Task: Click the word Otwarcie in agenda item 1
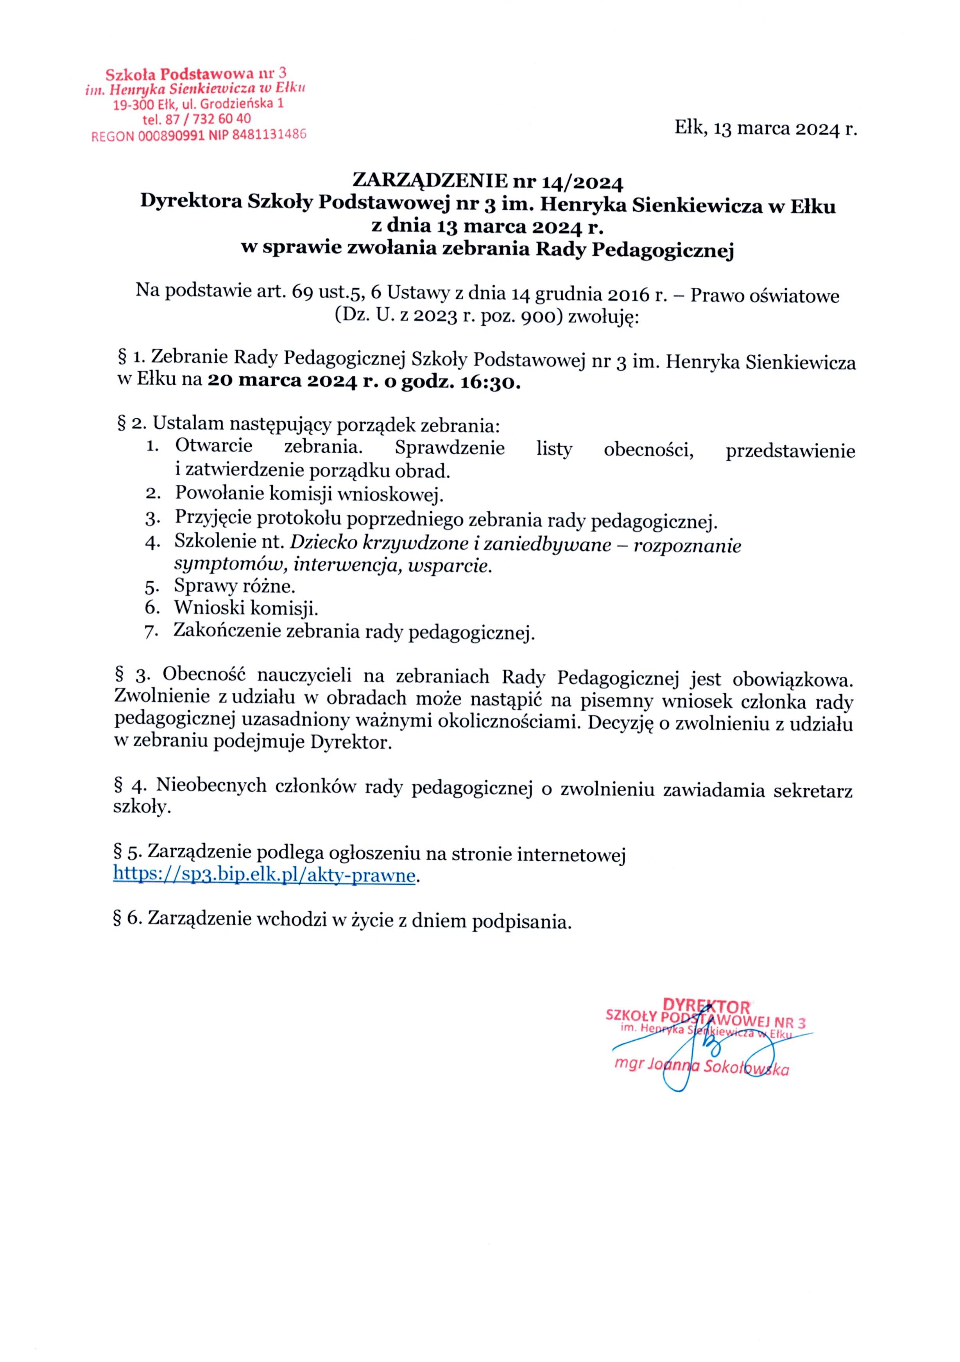pos(213,446)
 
